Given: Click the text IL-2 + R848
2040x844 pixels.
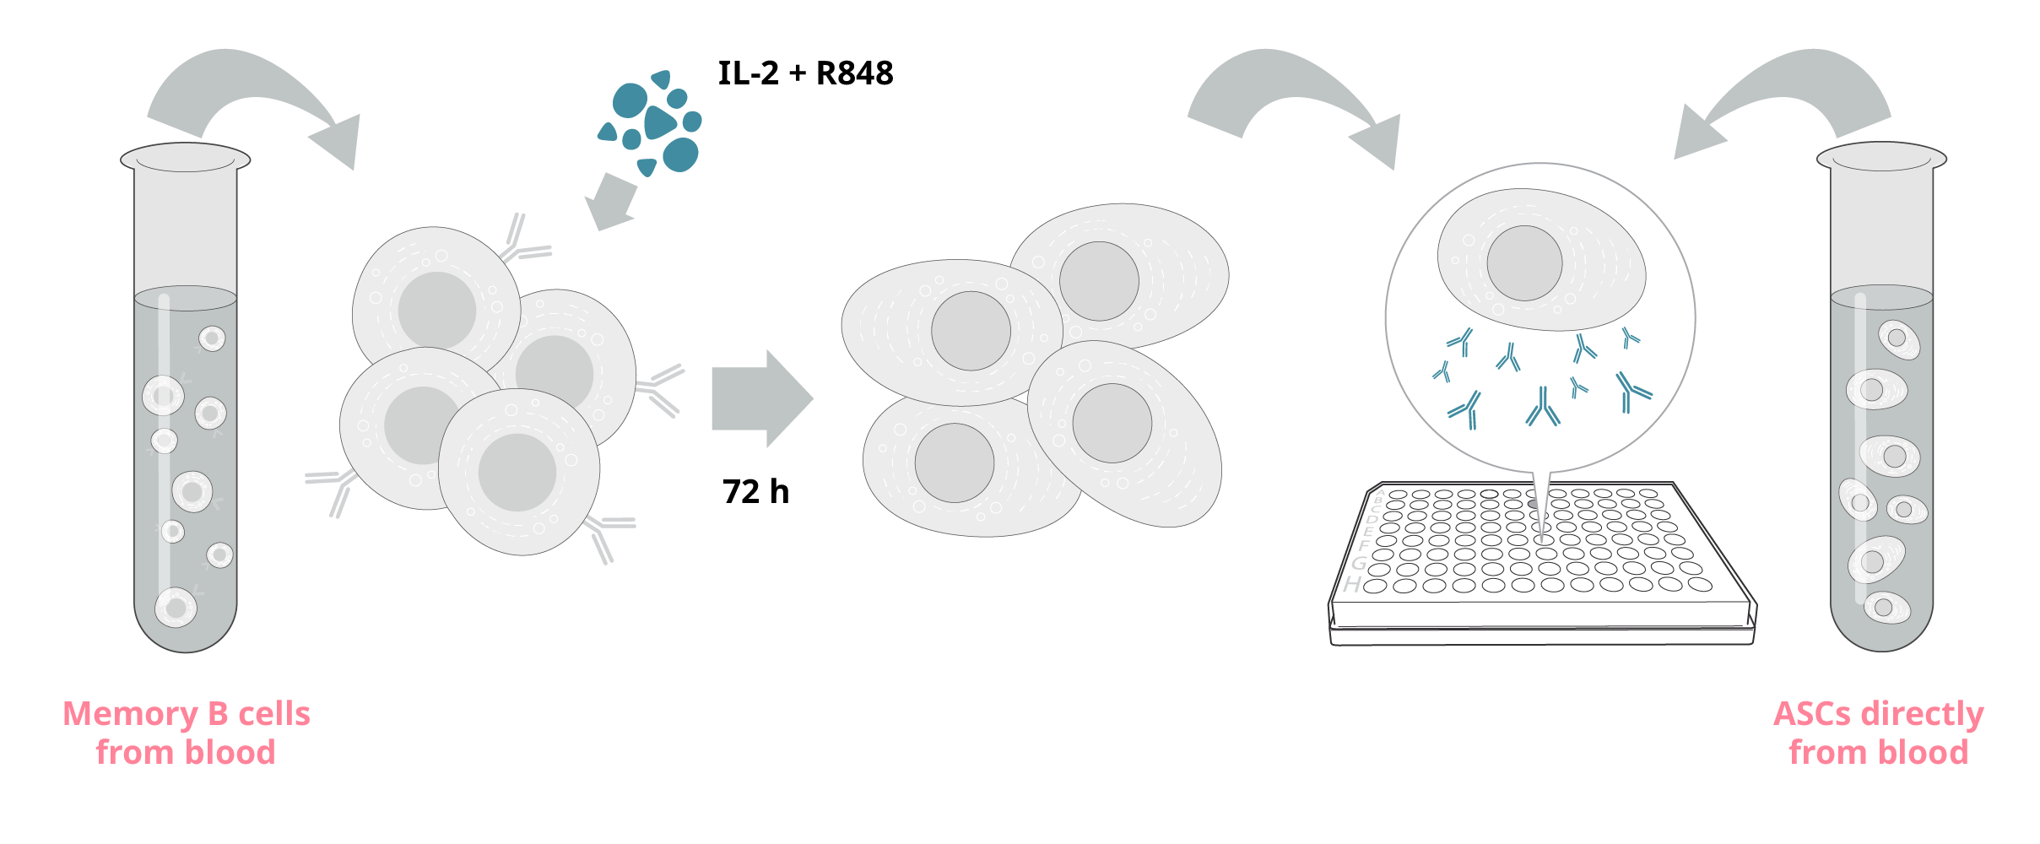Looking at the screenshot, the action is [805, 73].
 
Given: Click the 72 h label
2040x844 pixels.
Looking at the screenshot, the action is [755, 491].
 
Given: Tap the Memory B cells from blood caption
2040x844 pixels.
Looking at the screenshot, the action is [187, 733].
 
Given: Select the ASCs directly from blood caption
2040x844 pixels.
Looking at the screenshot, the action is [1879, 733].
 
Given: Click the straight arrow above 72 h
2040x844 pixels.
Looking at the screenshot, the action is [762, 398].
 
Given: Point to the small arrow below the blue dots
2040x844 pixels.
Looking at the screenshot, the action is [611, 202].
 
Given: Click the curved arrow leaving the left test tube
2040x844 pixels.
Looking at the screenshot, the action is [253, 105].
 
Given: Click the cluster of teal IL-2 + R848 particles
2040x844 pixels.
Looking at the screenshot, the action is [650, 123].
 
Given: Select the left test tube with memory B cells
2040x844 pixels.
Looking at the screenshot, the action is [186, 397].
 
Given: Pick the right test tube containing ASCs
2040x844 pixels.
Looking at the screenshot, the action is [1881, 397].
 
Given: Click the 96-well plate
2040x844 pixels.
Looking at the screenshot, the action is [1542, 563].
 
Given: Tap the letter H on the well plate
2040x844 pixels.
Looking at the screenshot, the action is [1353, 584].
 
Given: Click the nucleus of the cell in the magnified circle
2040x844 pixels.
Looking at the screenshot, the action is [1524, 263].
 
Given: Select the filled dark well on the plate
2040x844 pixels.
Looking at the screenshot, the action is [1533, 504].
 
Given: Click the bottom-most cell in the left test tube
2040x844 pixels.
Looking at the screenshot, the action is [176, 608].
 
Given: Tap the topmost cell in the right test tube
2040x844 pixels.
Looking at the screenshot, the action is [1899, 339].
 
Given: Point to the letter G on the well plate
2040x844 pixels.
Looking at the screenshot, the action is [1359, 563].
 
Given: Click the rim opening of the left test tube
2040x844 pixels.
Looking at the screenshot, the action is [186, 158].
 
